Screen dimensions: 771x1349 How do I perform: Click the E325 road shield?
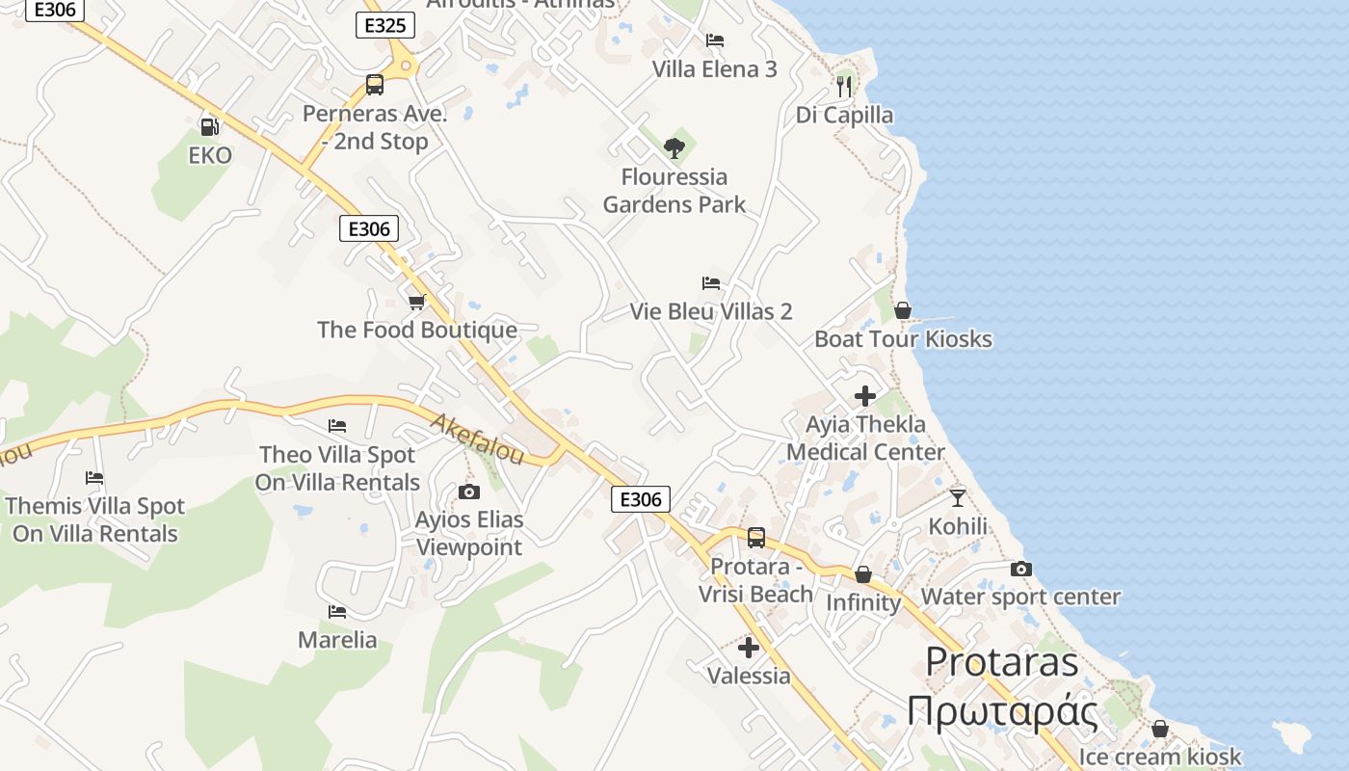coord(385,25)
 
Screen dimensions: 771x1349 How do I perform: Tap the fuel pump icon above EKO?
coord(209,126)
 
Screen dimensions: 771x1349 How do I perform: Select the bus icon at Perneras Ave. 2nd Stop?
coord(375,85)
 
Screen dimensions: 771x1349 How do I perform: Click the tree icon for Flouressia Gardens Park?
coord(674,147)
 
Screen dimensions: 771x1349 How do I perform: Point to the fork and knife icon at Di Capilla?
coord(844,86)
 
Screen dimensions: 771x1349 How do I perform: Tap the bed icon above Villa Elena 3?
coord(715,40)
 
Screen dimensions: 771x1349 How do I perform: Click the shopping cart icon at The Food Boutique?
coord(417,302)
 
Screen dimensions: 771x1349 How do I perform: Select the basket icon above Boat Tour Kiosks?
coord(903,310)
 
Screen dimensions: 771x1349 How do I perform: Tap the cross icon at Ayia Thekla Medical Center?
coord(865,396)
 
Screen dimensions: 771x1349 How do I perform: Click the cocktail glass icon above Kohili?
coord(957,497)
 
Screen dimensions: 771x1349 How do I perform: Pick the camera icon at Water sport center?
coord(1021,569)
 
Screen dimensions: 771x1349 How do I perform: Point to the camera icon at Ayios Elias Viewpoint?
coord(469,492)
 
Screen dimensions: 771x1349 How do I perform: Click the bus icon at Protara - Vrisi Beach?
coord(756,538)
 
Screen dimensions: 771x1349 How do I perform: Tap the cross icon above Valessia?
coord(749,648)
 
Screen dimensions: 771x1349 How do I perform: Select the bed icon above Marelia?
coord(337,612)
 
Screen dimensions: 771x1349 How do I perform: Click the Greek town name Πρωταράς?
coord(1002,711)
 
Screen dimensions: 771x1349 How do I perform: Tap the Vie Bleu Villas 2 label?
coord(711,311)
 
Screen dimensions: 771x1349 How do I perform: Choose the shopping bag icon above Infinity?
coord(863,575)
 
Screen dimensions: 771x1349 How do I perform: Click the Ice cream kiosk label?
coord(1160,757)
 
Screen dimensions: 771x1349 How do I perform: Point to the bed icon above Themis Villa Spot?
coord(94,478)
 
